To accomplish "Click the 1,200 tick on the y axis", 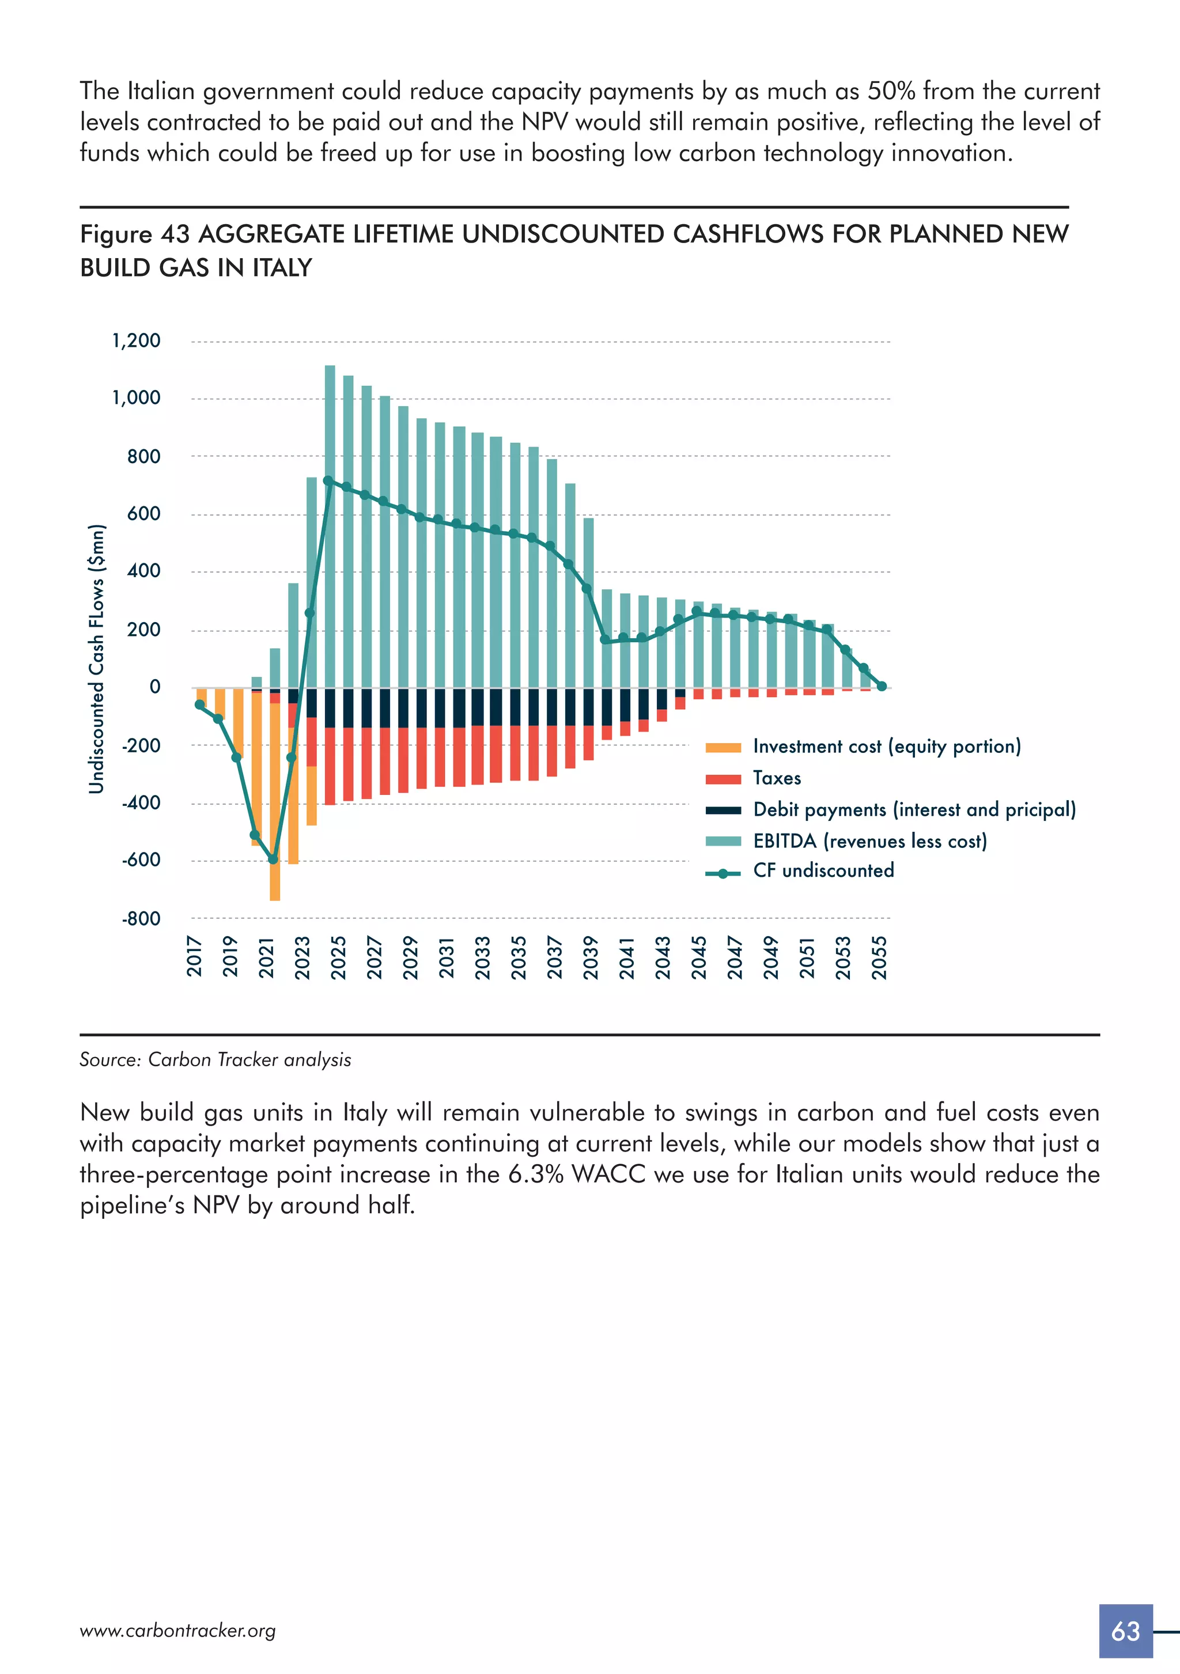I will (x=137, y=340).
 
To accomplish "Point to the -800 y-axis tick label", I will (x=141, y=919).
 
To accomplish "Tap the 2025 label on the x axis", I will (x=338, y=957).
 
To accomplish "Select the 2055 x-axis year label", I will (x=880, y=957).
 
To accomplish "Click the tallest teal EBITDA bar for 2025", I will (x=330, y=525).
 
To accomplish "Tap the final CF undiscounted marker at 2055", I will (x=881, y=686).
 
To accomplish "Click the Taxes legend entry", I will (x=777, y=778).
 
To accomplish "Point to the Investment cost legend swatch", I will (x=723, y=747).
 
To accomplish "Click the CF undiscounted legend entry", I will (x=823, y=870).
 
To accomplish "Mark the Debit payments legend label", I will (x=914, y=809).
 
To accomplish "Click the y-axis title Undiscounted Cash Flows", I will (x=96, y=658).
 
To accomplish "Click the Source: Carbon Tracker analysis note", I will (x=215, y=1059).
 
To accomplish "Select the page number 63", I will (x=1125, y=1630).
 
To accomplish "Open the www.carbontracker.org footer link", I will (x=177, y=1630).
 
